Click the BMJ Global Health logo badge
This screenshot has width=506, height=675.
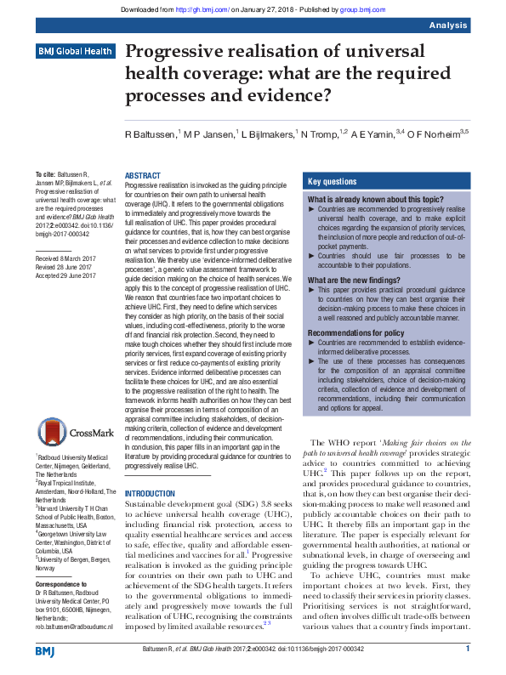(x=75, y=52)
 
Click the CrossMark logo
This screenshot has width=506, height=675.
(x=74, y=430)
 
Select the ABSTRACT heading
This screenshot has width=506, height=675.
(x=143, y=175)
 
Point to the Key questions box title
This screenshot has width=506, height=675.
(x=332, y=182)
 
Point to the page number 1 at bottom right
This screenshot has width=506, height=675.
(x=468, y=649)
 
